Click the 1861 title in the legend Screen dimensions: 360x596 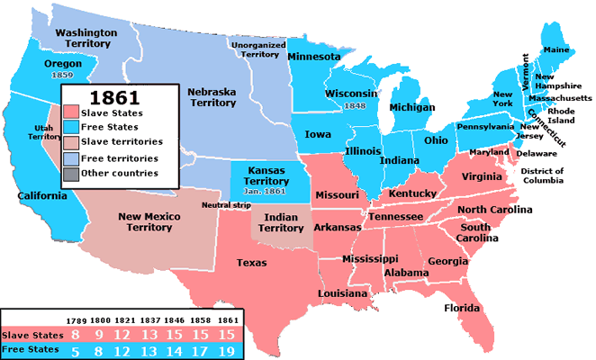point(113,95)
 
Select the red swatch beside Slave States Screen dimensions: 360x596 point(71,113)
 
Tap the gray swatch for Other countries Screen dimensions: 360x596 point(71,173)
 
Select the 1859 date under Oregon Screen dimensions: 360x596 point(62,76)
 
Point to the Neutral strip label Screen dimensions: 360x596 point(225,206)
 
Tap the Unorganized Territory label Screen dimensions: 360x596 point(256,49)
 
